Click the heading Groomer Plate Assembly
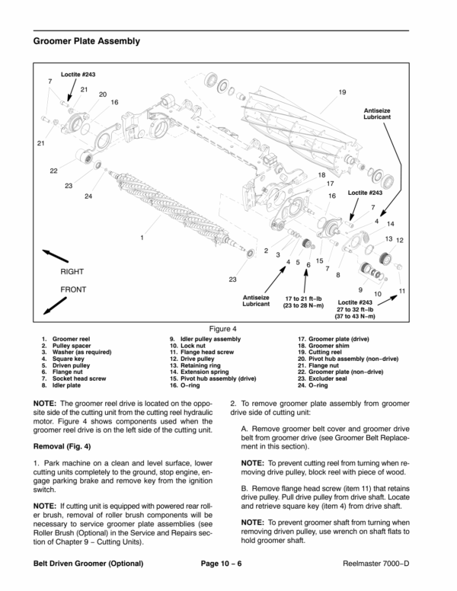tap(87, 40)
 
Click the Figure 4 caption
tap(228, 328)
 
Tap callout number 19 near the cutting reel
tap(342, 92)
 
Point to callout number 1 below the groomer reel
tap(142, 238)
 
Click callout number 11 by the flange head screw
tap(402, 292)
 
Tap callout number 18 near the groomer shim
tap(321, 175)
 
